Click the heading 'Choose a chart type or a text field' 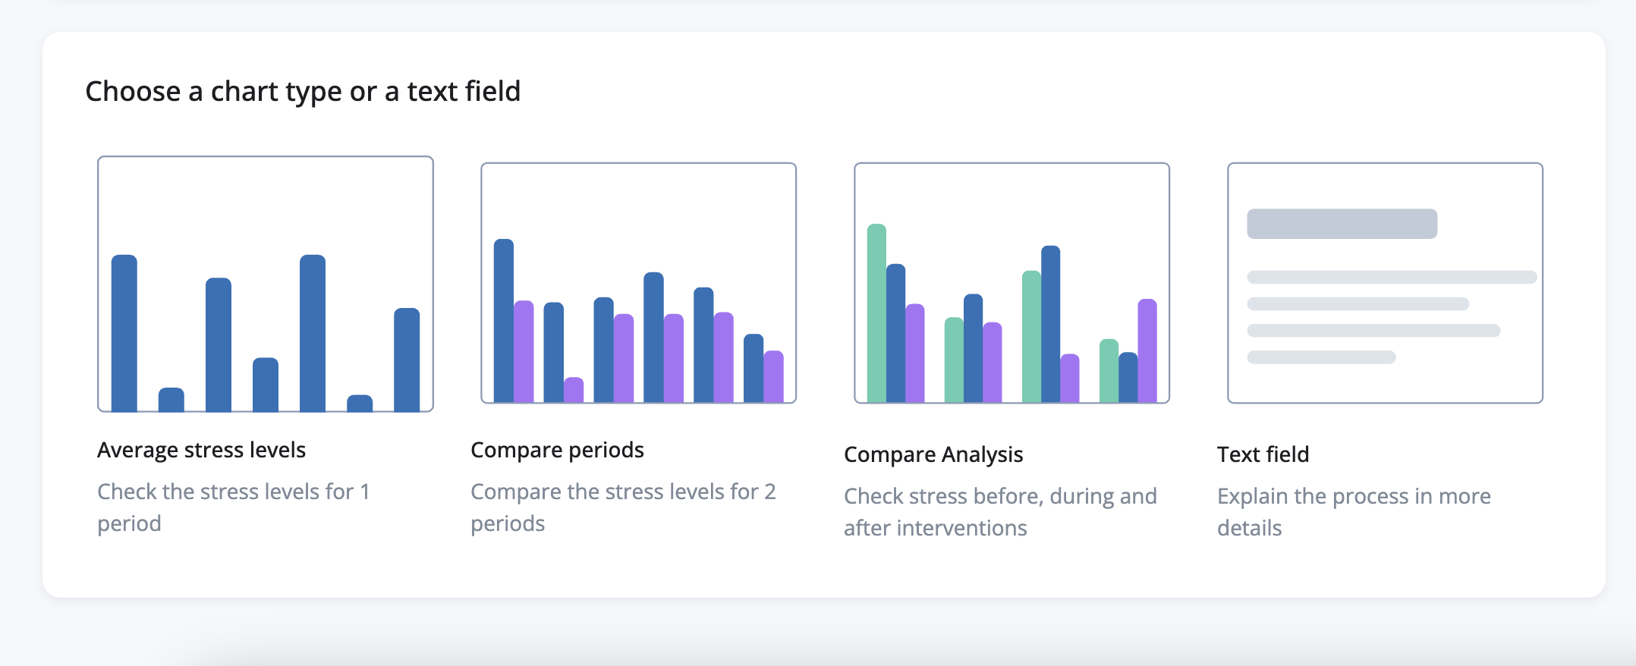point(303,92)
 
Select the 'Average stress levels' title point(201,450)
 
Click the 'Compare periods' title point(557,450)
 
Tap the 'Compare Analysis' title point(933,454)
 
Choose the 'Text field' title point(1263,454)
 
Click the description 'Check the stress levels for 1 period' point(233,507)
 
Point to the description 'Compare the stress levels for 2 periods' point(622,507)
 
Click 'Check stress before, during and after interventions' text point(999,511)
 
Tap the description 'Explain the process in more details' point(1353,511)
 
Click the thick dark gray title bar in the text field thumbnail point(1342,224)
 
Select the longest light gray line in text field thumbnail point(1391,278)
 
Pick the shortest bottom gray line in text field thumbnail point(1320,357)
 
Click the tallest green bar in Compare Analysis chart point(876,312)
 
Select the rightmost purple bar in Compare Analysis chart point(1147,350)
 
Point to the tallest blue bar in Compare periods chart point(504,319)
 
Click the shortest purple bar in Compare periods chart point(574,389)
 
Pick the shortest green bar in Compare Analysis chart point(1109,370)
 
